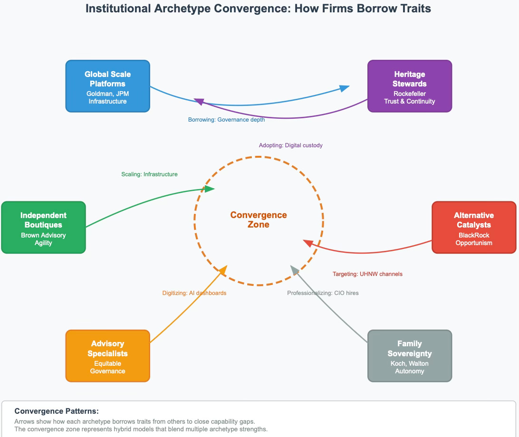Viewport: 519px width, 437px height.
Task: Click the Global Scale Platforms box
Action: pos(107,86)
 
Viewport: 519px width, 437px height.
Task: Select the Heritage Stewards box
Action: pos(409,86)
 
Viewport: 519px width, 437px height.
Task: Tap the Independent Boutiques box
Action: pos(43,227)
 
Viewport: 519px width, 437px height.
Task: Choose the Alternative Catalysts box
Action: pos(473,227)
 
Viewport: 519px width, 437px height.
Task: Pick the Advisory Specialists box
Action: pos(107,356)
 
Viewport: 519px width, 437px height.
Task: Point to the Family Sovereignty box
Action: pos(409,356)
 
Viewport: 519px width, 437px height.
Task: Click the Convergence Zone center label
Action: pos(259,220)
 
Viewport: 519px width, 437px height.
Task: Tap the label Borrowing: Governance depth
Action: pos(226,120)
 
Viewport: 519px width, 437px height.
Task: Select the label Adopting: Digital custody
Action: pos(290,145)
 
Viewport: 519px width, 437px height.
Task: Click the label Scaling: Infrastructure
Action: pos(149,174)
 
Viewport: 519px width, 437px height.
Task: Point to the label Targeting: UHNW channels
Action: pos(367,274)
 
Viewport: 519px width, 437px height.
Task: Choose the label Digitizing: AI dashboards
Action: pos(194,293)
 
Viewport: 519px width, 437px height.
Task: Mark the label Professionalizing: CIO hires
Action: pos(323,293)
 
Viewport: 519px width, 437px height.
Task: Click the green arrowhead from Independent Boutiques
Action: pos(209,189)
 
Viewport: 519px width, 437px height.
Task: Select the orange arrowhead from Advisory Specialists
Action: pos(222,271)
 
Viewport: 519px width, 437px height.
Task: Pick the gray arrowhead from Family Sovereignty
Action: pos(295,271)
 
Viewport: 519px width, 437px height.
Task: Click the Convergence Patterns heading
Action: pos(57,411)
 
